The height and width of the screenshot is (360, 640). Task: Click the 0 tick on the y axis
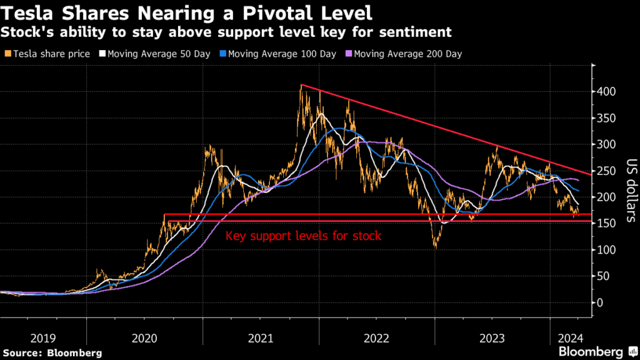coord(601,302)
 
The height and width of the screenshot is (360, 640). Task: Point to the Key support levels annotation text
coord(303,236)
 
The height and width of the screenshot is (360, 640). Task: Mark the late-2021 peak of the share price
coord(301,86)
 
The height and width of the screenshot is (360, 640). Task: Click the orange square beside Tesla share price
coord(6,54)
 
